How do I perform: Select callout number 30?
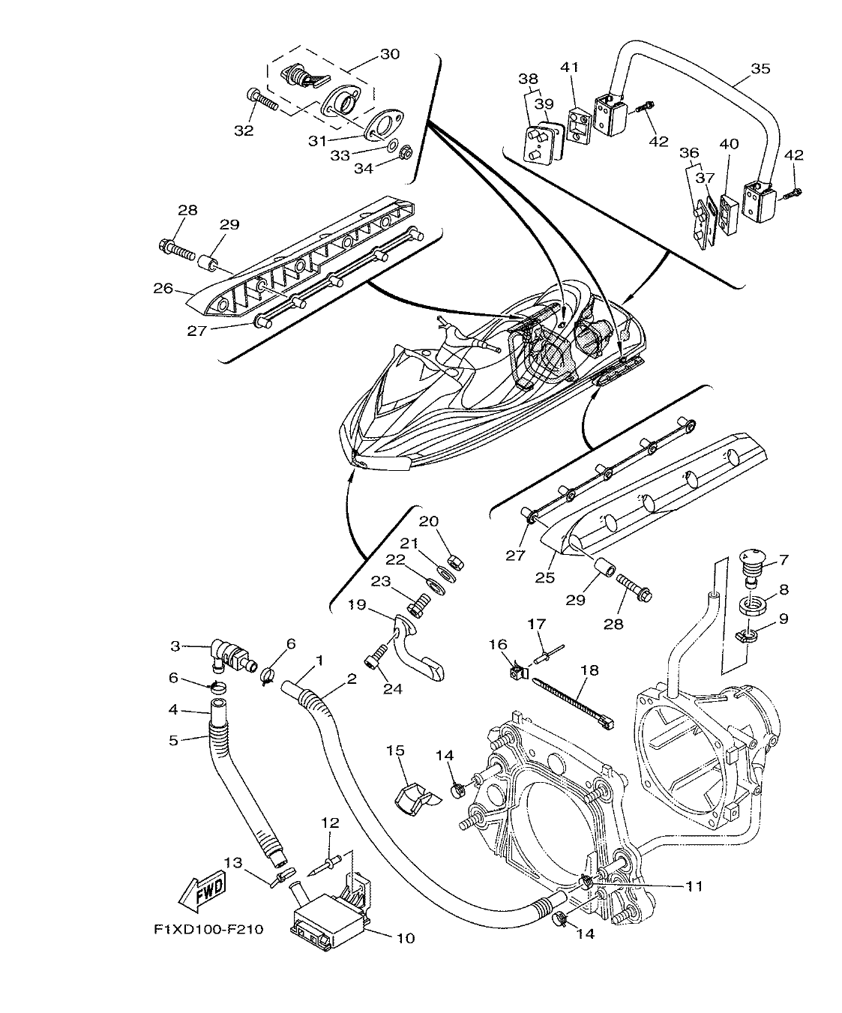(x=390, y=54)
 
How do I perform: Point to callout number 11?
(x=694, y=886)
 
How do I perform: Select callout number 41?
(x=571, y=67)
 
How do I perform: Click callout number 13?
(x=234, y=863)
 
